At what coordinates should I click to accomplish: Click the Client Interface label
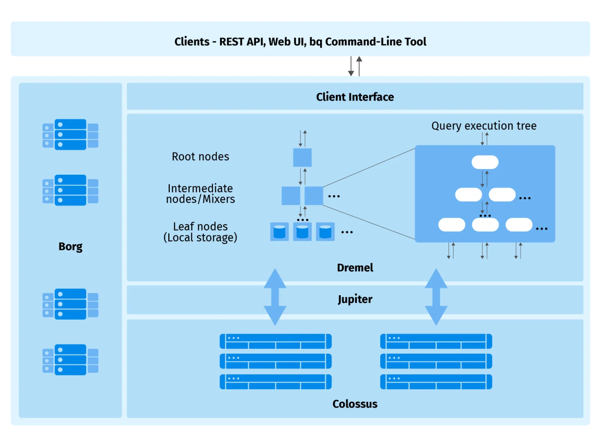click(355, 97)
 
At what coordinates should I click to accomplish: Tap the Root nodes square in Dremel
click(302, 158)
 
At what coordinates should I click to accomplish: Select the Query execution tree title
click(484, 126)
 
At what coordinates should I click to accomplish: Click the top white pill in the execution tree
click(485, 162)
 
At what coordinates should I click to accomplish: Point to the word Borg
click(70, 246)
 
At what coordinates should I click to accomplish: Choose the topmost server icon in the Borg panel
click(70, 134)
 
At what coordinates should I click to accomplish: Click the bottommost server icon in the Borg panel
click(70, 360)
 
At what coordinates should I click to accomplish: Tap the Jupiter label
click(355, 299)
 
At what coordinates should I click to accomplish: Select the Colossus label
click(355, 404)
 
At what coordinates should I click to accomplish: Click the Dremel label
click(355, 268)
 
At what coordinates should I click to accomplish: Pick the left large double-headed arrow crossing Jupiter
click(275, 297)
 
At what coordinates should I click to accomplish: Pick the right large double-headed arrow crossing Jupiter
click(436, 297)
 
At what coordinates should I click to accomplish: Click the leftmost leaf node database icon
click(279, 232)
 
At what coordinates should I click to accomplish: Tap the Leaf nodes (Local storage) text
click(200, 232)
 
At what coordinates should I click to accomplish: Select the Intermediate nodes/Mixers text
click(200, 194)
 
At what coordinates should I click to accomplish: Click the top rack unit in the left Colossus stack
click(275, 341)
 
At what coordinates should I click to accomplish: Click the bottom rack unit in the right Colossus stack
click(436, 382)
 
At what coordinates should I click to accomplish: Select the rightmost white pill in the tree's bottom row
click(519, 225)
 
